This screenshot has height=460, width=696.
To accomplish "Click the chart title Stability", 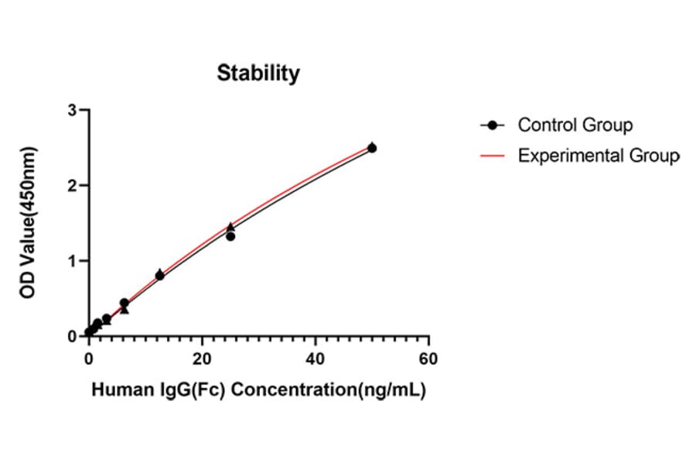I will click(258, 74).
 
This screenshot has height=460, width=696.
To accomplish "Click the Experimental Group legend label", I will click(598, 156).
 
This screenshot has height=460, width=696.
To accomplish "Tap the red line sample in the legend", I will click(492, 156).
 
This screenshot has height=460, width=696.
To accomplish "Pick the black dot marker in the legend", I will click(492, 125).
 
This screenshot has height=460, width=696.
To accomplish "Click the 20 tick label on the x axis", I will click(202, 359).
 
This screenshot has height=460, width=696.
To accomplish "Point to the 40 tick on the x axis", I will click(315, 359).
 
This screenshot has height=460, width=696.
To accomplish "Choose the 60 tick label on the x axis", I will click(428, 359).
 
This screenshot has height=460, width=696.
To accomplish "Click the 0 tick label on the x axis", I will click(89, 359).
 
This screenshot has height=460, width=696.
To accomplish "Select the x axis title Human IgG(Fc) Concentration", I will click(258, 391).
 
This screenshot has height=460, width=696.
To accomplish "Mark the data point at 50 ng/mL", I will click(372, 148).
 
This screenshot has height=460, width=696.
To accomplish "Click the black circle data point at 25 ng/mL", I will click(230, 236).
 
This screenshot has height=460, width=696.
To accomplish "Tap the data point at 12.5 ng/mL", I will click(159, 275).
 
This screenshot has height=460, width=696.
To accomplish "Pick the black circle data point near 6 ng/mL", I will click(124, 303).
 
